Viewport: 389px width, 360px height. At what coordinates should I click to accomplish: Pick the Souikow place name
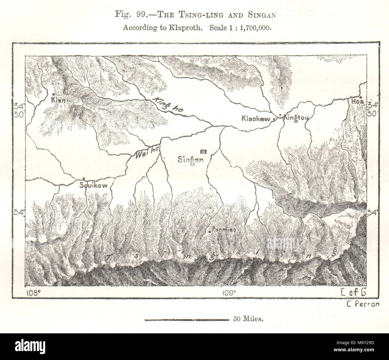93,185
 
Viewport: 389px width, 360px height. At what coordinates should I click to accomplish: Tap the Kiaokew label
256,119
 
